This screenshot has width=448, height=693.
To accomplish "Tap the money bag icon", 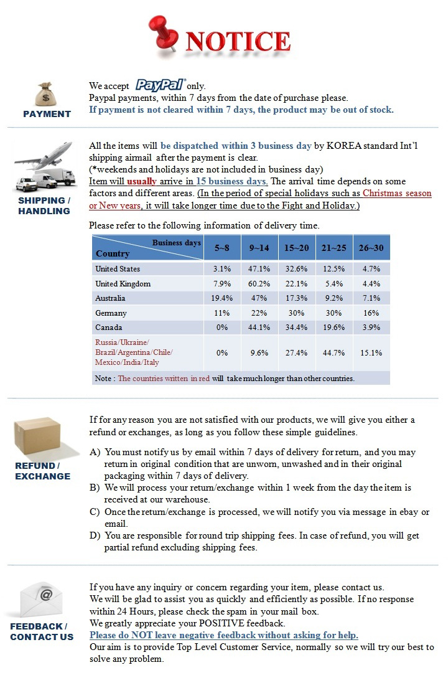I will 47,94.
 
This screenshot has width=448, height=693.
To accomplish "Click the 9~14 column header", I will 259,248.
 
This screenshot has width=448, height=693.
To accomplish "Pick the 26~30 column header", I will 371,248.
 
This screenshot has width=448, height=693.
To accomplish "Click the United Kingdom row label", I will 123,284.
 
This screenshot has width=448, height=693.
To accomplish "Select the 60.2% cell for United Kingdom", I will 259,284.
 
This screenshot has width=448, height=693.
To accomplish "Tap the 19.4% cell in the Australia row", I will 222,298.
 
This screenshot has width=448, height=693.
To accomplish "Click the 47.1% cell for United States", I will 259,269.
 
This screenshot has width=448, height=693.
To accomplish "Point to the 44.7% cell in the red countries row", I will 334,352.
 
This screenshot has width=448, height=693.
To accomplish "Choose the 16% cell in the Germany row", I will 371,313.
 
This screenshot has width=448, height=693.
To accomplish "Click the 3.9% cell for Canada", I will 371,328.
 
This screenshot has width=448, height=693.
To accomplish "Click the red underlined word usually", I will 141,181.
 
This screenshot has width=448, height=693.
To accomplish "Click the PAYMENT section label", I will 47,114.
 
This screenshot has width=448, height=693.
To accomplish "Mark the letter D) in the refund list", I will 95,535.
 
